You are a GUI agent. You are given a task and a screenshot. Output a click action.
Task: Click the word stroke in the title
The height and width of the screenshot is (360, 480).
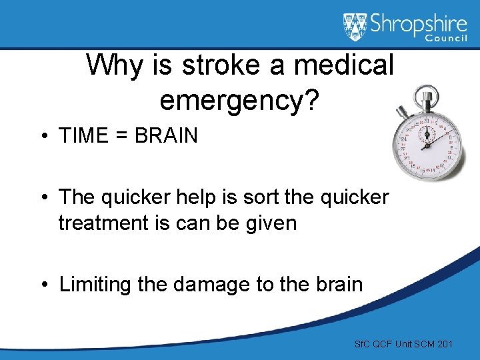pos(212,65)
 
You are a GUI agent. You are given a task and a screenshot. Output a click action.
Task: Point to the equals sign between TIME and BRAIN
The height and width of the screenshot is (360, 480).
pos(122,136)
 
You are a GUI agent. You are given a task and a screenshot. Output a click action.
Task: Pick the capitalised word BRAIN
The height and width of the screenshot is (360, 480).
pos(166,136)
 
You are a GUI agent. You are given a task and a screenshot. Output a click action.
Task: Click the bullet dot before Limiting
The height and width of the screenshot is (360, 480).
pos(43,285)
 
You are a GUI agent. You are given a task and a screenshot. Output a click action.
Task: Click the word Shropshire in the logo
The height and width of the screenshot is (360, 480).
pos(418,23)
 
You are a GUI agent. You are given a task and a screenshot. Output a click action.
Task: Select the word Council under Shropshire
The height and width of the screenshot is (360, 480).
pos(448,39)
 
